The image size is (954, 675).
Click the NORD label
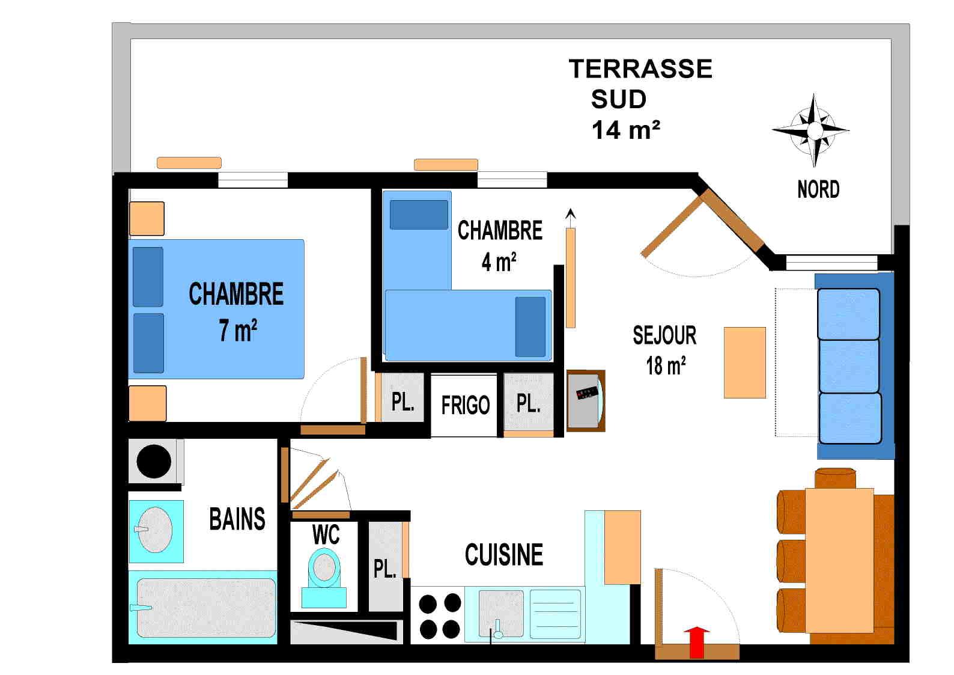click(818, 189)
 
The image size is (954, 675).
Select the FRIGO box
click(465, 405)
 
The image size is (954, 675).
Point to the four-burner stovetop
click(440, 615)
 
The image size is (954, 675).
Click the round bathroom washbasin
click(155, 530)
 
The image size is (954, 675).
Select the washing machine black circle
click(154, 461)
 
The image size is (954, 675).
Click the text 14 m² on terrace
click(625, 130)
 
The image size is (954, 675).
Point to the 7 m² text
click(238, 330)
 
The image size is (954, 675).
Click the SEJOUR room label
click(664, 335)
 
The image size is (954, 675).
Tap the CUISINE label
click(503, 555)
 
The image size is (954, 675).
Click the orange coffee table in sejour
click(744, 362)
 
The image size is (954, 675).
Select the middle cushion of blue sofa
click(849, 366)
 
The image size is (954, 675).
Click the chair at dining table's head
click(835, 477)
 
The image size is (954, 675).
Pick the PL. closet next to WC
click(384, 567)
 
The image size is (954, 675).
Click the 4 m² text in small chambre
click(499, 262)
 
